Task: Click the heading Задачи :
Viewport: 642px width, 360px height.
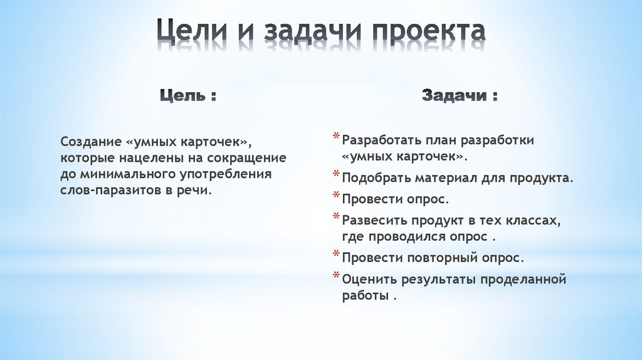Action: (460, 97)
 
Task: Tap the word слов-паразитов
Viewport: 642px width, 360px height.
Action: (103, 189)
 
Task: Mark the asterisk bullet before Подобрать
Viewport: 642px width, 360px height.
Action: (337, 177)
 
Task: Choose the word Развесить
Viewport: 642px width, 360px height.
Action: (374, 221)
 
